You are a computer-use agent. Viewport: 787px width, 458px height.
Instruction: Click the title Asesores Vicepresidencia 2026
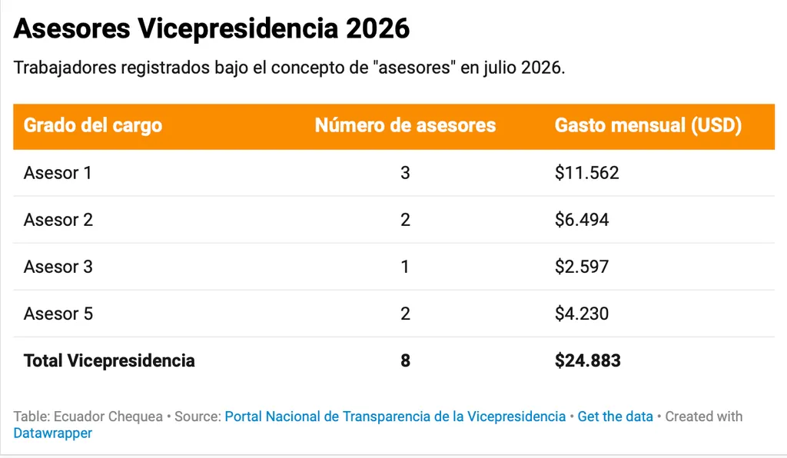(x=211, y=28)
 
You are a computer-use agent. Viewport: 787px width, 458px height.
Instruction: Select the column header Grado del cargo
(x=93, y=125)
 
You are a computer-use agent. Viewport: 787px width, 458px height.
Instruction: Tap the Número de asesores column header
(x=405, y=125)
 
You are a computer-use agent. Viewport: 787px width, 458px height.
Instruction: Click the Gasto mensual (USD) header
(x=648, y=125)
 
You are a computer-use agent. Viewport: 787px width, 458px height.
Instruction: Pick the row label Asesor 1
(x=58, y=173)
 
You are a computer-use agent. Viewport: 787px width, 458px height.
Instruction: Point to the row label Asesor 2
(x=58, y=220)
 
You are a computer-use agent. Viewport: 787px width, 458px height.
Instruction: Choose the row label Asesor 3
(x=58, y=267)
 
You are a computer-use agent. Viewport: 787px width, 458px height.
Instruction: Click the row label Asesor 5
(x=58, y=314)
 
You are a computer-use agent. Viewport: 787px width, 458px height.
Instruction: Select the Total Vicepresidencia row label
(x=109, y=360)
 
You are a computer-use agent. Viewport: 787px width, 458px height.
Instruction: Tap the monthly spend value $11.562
(x=586, y=173)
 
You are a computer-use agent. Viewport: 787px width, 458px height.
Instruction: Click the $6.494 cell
(x=582, y=220)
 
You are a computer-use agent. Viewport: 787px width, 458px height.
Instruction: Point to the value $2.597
(x=582, y=267)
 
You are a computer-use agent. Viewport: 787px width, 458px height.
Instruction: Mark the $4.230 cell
(x=582, y=314)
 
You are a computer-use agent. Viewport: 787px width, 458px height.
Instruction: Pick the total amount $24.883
(x=588, y=360)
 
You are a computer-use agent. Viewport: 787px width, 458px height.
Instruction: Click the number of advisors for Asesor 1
(x=405, y=173)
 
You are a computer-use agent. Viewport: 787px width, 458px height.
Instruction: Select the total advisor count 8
(x=405, y=360)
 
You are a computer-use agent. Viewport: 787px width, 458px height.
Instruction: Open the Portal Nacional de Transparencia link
(x=395, y=417)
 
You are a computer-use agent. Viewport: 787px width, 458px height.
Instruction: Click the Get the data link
(x=615, y=417)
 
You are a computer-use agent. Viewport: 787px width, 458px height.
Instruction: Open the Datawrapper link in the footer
(x=53, y=433)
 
